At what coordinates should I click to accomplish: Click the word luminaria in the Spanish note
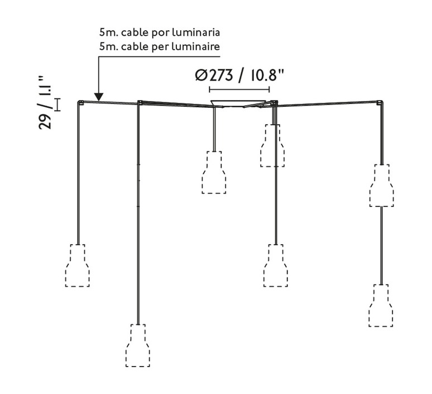coord(196,32)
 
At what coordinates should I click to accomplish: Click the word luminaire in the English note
coord(196,46)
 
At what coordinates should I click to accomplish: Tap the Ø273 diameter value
coord(214,75)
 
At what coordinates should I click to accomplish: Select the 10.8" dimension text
coord(267,75)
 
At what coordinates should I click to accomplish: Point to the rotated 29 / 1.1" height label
coord(45,102)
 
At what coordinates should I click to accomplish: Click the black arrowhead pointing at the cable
coord(99,97)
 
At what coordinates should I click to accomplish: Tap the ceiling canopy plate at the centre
coord(238,103)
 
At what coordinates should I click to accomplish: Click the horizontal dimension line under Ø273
coord(239,89)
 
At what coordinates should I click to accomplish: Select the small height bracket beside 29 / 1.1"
coord(57,105)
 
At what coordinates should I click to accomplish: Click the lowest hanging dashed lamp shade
coord(138,345)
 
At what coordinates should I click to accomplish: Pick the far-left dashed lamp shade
coord(78,265)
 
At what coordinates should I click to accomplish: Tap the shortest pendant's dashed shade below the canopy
coord(214,172)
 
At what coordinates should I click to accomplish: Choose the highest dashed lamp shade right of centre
coord(272,145)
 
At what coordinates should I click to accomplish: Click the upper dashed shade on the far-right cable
coord(382,186)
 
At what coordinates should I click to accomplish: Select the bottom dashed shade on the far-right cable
coord(381,306)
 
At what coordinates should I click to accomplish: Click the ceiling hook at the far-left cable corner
coord(81,103)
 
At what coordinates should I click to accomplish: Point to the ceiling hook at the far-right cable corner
coord(380,103)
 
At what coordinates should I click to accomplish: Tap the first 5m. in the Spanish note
coord(108,32)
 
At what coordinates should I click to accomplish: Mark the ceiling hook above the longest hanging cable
coord(140,102)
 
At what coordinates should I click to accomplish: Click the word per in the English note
coord(160,47)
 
